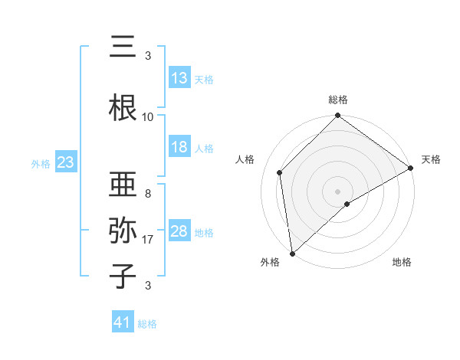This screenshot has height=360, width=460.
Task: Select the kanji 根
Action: [x=123, y=107]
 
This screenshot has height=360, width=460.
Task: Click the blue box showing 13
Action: [x=179, y=78]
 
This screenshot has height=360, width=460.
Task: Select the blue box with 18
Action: [x=179, y=148]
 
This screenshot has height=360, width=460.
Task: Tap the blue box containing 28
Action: [x=179, y=231]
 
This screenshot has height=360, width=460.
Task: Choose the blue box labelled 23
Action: [x=65, y=162]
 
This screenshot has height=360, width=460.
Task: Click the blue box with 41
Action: [x=123, y=322]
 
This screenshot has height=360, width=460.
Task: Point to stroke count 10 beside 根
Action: [x=148, y=117]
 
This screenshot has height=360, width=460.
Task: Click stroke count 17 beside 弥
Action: [x=148, y=240]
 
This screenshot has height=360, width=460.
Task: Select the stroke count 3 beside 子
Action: [x=148, y=286]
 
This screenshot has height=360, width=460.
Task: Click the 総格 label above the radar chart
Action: [x=338, y=100]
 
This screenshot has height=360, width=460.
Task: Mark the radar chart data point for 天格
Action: [x=411, y=168]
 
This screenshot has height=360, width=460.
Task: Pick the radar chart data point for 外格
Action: [x=292, y=253]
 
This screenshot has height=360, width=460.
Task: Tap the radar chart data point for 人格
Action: [x=280, y=172]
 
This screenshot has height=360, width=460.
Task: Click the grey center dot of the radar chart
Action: [x=338, y=191]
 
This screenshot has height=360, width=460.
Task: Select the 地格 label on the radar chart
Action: [x=402, y=262]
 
